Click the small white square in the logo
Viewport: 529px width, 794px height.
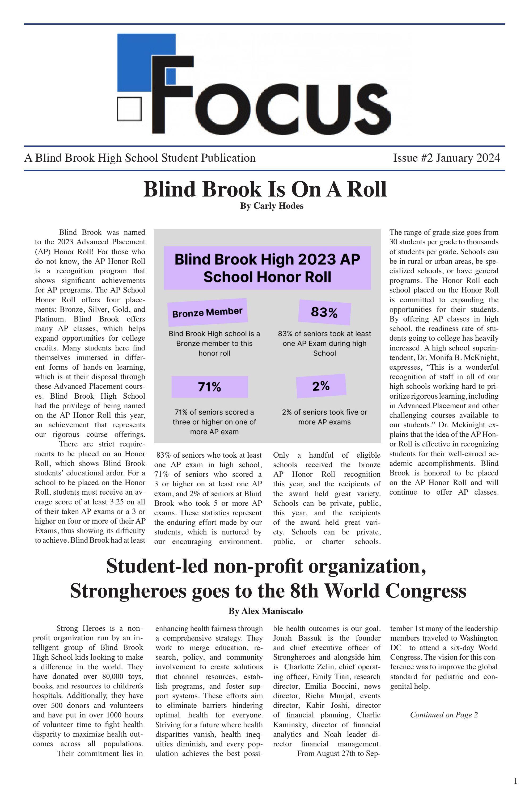click(x=129, y=109)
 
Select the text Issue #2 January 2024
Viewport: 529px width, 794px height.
click(x=446, y=158)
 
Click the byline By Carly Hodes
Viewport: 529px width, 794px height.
click(x=272, y=206)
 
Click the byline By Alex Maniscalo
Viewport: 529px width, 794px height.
click(x=265, y=611)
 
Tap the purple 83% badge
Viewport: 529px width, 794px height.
click(x=324, y=312)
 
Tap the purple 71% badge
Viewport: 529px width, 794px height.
click(x=210, y=387)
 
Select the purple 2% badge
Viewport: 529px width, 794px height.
click(x=321, y=386)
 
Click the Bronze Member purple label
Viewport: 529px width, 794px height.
click(x=208, y=312)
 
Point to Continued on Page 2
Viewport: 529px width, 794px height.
click(x=444, y=715)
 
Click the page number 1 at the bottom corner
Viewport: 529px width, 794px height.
click(x=515, y=781)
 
